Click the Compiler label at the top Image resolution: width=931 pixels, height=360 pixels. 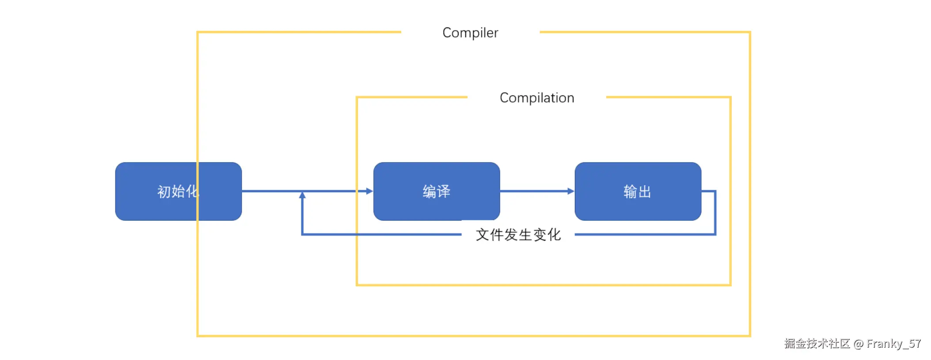coord(470,33)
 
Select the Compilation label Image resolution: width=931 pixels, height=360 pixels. coord(536,98)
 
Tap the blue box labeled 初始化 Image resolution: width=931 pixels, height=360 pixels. coord(178,191)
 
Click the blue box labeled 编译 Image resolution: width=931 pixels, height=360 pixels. coord(436,191)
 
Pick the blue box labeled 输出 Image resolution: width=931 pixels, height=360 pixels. coord(638,191)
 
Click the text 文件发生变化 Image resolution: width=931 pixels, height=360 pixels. coord(518,235)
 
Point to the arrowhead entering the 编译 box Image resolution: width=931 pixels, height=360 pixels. coord(369,191)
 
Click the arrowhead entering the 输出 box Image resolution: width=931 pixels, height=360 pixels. coord(571,191)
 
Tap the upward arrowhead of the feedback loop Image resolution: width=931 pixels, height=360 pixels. coord(302,195)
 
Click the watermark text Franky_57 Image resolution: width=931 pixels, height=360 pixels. coord(893,344)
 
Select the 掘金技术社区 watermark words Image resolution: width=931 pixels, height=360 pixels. coord(817,344)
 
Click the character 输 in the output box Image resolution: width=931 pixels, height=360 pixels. coord(630,192)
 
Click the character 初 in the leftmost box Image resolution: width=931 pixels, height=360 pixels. coord(164,192)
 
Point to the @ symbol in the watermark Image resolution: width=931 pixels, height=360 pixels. coord(858,344)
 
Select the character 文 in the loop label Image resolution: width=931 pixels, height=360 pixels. coord(483,235)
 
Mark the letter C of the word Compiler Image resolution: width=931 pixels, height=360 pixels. coord(447,33)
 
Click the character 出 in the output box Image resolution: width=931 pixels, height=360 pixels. coord(645,192)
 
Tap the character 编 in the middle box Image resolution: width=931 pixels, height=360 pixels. coord(429,192)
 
